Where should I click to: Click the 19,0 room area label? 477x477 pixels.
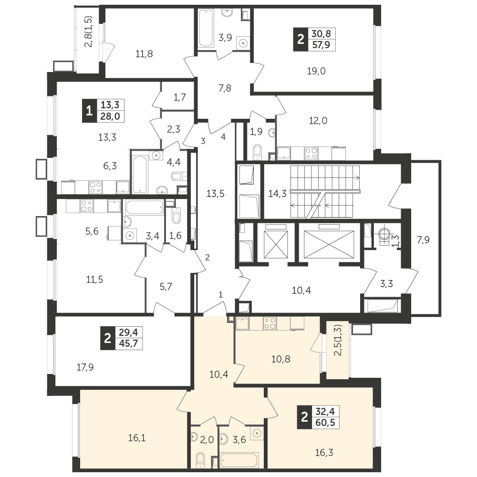316,71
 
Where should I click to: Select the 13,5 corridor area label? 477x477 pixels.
216,194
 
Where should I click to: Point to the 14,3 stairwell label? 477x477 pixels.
278,194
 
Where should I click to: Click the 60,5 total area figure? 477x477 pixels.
325,423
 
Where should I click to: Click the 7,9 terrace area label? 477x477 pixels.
423,240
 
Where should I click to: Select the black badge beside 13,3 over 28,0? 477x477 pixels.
89,111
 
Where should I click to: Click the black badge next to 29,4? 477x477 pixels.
107,338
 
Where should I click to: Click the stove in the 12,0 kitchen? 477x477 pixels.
311,153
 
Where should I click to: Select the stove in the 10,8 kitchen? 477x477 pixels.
270,324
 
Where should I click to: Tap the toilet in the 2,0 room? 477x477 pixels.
200,461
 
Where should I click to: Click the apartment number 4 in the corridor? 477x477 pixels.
223,137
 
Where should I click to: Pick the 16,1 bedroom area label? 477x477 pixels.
137,438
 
